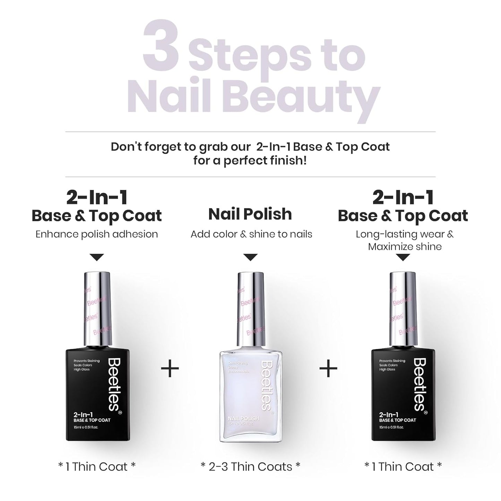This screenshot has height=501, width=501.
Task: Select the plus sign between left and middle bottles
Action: tap(170, 368)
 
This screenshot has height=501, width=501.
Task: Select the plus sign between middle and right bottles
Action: tap(328, 368)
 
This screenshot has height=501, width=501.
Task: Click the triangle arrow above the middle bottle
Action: tap(250, 257)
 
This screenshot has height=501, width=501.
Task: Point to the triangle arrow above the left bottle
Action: tap(97, 257)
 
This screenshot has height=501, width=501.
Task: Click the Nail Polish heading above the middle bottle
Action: tap(250, 214)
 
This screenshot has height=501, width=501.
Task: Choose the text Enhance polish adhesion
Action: tap(97, 234)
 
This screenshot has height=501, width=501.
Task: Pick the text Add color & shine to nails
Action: tap(251, 234)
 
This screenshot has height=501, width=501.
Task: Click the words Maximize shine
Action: tap(405, 247)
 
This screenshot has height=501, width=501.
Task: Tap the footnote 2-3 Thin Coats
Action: tap(250, 467)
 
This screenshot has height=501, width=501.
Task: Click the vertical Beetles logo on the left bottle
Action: tap(114, 385)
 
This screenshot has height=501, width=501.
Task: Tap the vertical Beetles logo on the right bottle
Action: tap(420, 385)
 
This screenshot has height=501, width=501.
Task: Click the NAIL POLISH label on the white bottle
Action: tap(243, 418)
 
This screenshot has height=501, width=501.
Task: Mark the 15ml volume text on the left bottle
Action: tap(86, 427)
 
